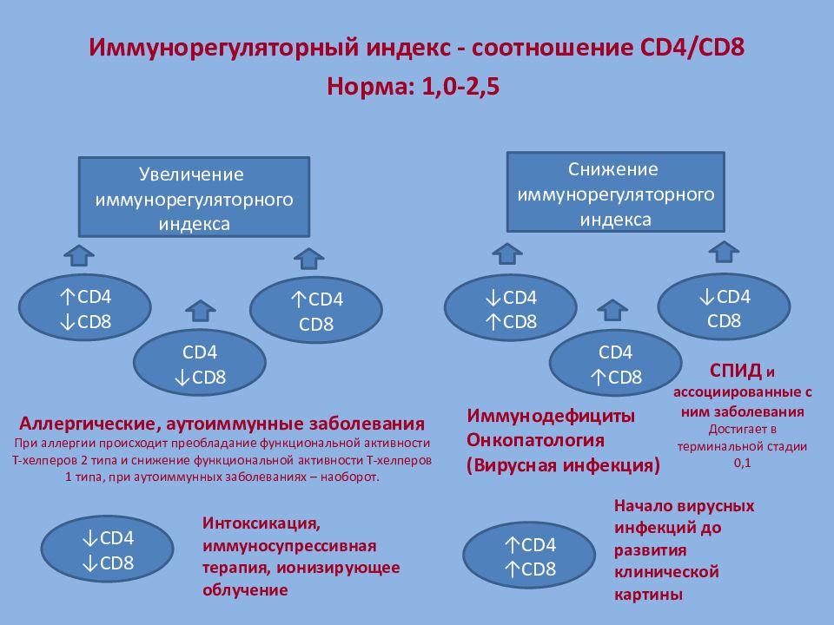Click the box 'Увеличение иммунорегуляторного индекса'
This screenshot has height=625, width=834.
194,198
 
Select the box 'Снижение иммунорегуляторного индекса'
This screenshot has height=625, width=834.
616,193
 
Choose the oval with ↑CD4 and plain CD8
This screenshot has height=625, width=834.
315,312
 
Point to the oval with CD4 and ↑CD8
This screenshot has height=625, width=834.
616,365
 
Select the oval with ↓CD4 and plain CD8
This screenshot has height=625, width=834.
724,308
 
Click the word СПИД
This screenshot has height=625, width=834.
734,372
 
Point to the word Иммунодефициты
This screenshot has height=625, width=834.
551,415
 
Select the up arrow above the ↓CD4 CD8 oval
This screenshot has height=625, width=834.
724,251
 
